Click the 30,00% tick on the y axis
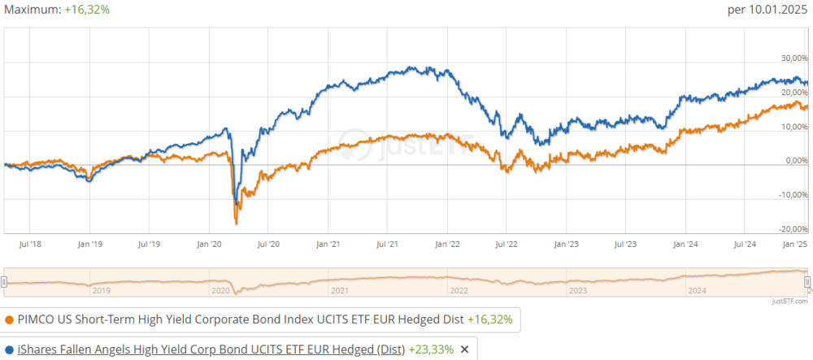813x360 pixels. click(x=795, y=58)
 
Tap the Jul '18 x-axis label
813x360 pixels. click(x=31, y=243)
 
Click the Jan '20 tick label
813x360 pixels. click(x=210, y=243)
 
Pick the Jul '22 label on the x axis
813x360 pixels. click(x=506, y=243)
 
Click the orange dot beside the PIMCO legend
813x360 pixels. click(x=9, y=320)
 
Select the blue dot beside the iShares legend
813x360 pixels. click(x=9, y=349)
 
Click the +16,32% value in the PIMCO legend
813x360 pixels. click(x=489, y=320)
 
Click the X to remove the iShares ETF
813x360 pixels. click(x=465, y=349)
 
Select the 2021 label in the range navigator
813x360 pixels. click(x=340, y=290)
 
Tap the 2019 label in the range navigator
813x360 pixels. click(x=102, y=290)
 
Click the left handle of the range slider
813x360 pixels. click(x=4, y=281)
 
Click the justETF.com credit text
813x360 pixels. click(x=792, y=301)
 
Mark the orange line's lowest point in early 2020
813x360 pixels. click(x=236, y=223)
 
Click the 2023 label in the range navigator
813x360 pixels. click(x=578, y=290)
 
